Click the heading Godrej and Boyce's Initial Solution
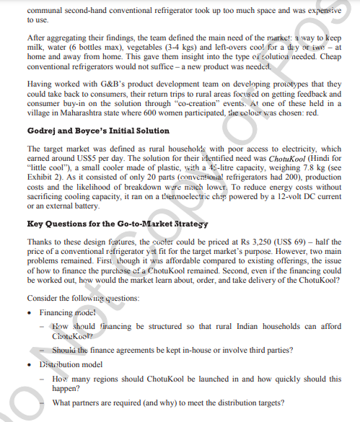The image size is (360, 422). (87, 131)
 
